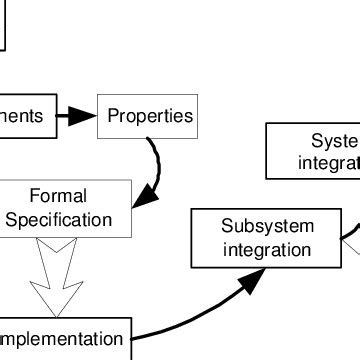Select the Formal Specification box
point(65,208)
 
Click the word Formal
point(58,196)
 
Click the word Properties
point(150,116)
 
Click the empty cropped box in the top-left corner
point(3,24)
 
